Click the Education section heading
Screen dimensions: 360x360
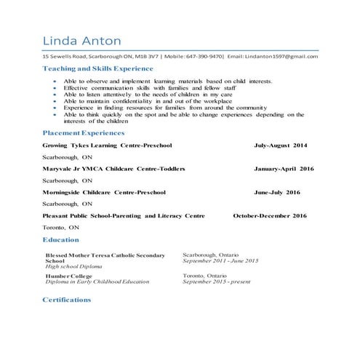click(x=61, y=239)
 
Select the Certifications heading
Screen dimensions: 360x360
click(x=67, y=299)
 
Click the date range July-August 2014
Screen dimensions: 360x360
click(x=280, y=145)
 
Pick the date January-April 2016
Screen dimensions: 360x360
click(x=284, y=169)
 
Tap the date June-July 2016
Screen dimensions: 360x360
click(x=276, y=193)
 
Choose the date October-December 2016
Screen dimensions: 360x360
click(x=269, y=216)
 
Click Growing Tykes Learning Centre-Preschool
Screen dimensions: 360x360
click(x=107, y=145)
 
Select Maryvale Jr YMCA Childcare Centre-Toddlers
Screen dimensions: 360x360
click(x=113, y=169)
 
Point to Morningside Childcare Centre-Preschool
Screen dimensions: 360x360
click(x=104, y=193)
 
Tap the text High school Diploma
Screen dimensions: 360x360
click(x=71, y=267)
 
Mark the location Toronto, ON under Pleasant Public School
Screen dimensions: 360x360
click(x=60, y=228)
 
